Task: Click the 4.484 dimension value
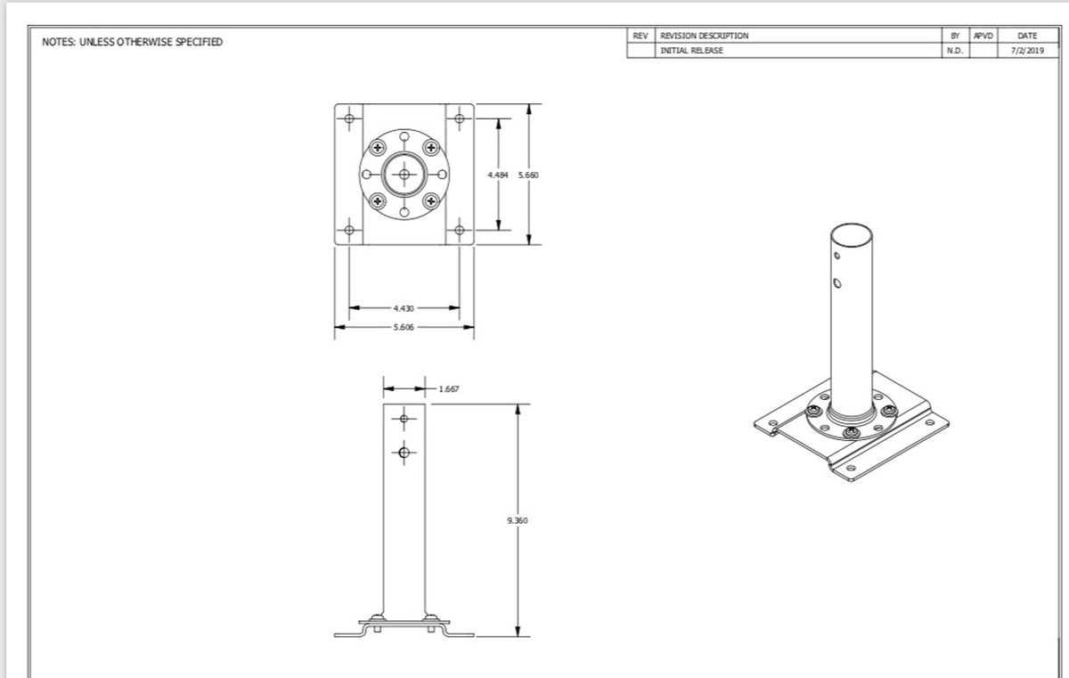pos(498,176)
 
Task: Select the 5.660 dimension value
pos(529,176)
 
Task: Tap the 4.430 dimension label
pos(404,308)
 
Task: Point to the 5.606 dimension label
pos(404,327)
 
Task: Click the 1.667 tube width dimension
pos(449,389)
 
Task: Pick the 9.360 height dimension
pos(518,519)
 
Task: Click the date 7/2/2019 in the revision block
pos(1026,51)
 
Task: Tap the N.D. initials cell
pos(953,51)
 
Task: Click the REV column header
pos(640,36)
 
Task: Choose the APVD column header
pos(983,36)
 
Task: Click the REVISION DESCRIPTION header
pos(704,36)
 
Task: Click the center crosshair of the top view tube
pos(404,175)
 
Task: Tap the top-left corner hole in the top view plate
pos(349,118)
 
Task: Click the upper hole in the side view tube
pos(404,419)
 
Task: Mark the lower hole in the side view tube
pos(404,452)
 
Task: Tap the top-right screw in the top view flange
pos(432,148)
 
